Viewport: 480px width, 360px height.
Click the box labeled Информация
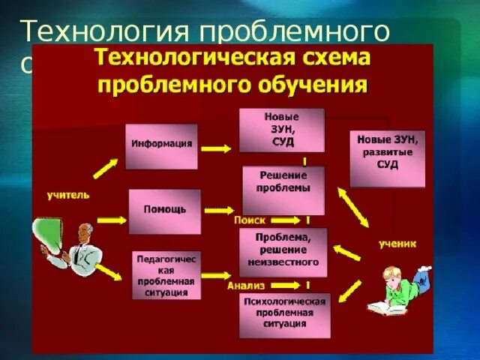tap(161, 145)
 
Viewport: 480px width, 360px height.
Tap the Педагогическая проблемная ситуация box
tap(166, 275)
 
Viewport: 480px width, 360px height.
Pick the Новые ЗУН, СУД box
tap(281, 130)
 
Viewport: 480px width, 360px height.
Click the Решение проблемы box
tap(283, 190)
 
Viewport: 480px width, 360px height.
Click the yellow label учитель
tap(67, 195)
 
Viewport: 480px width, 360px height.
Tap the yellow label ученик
tap(397, 244)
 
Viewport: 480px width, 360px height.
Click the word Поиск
tap(249, 220)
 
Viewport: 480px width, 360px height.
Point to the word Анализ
tap(244, 286)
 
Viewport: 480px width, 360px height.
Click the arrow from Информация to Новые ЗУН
tap(217, 148)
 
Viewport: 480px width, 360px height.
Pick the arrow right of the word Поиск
tap(283, 220)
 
